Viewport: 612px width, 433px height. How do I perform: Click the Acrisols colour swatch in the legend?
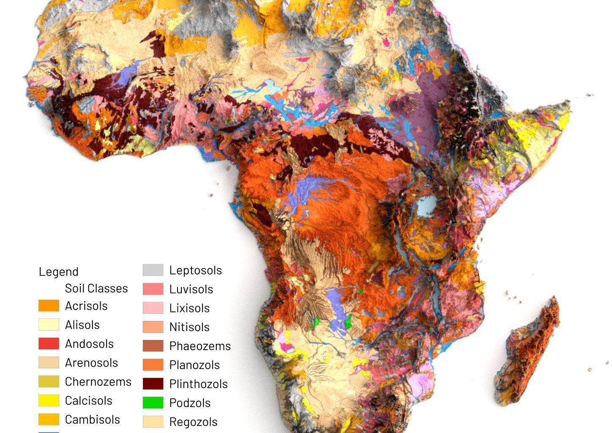[49, 306]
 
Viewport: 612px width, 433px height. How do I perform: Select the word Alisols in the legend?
[82, 325]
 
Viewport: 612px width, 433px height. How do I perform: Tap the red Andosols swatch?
[49, 343]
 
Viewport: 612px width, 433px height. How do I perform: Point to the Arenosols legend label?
[91, 363]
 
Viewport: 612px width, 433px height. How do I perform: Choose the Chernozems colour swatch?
[49, 381]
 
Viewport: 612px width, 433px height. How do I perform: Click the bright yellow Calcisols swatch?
[49, 400]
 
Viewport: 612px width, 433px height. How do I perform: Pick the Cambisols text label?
[92, 419]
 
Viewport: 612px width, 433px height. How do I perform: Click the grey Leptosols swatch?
[153, 270]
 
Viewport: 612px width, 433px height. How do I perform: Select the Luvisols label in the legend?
[191, 289]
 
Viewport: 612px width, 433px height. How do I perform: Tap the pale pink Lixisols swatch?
[153, 308]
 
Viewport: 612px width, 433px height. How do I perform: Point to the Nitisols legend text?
[189, 327]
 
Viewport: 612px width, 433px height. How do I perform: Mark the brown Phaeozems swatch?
[153, 346]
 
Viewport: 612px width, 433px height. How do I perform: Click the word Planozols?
[194, 365]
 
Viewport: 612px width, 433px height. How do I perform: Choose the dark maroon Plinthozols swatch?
[153, 384]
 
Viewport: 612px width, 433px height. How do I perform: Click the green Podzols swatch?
[153, 403]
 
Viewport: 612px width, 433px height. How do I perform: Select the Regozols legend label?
[193, 422]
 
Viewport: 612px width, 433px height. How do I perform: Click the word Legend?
[58, 271]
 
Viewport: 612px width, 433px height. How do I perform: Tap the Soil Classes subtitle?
[96, 288]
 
